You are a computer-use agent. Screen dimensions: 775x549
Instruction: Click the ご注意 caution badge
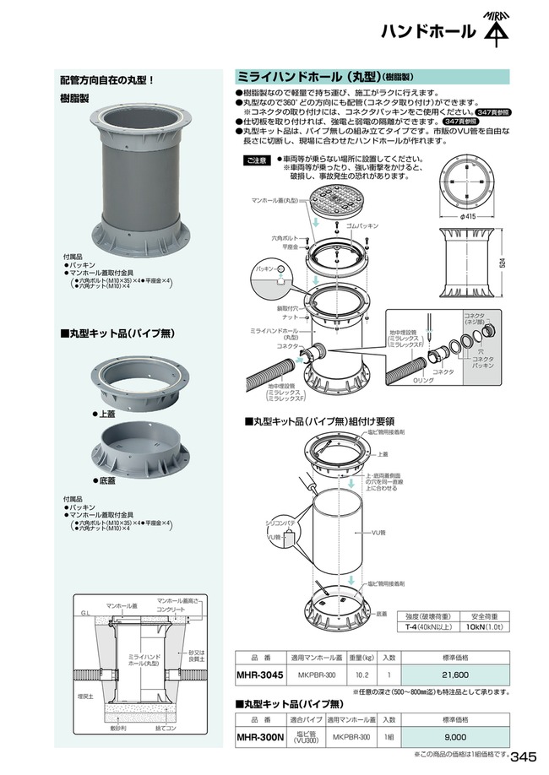256,160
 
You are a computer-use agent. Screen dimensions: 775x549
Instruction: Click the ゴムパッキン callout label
363,226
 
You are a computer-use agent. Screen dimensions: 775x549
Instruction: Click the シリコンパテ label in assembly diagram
280,524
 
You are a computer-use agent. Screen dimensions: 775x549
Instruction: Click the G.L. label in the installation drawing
84,612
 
